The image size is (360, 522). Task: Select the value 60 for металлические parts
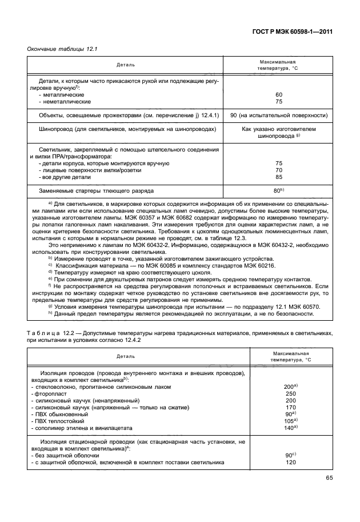(279, 94)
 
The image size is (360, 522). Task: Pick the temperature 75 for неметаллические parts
(279, 101)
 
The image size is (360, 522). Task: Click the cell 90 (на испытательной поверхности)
(279, 115)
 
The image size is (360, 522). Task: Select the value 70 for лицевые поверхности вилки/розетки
(279, 170)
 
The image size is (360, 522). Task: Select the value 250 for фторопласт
(290, 394)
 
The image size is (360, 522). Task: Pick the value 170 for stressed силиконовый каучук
(290, 408)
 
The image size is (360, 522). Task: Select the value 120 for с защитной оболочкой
(290, 462)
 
